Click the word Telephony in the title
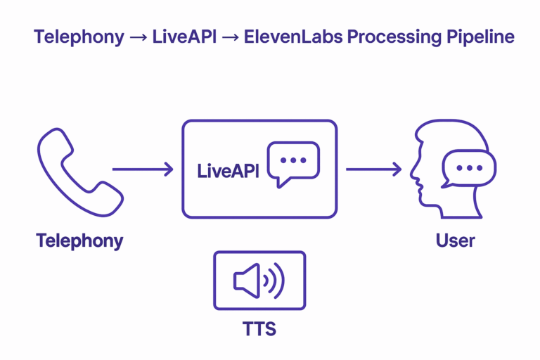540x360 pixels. (79, 37)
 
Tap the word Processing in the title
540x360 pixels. (395, 37)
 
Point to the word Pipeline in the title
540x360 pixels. (481, 37)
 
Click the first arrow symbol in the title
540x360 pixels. (138, 37)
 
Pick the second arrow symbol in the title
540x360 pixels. (229, 37)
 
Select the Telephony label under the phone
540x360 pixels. (79, 240)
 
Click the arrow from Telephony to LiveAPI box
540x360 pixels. (143, 169)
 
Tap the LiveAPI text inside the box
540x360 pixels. (228, 171)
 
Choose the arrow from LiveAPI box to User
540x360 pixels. (373, 169)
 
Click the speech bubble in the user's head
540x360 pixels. (468, 169)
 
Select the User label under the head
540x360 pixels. (455, 240)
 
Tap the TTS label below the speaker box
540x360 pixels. (259, 328)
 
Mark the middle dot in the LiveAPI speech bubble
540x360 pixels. (293, 160)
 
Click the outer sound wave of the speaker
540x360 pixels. (281, 281)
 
